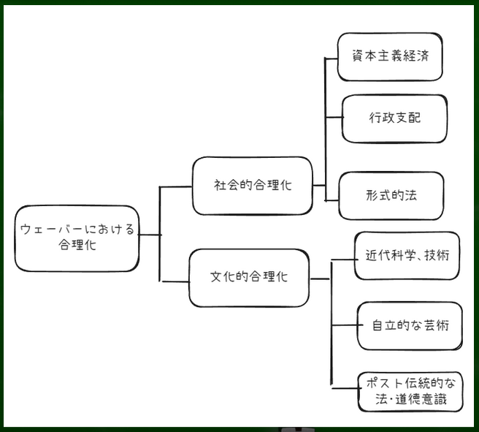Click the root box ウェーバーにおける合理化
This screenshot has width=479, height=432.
tap(77, 238)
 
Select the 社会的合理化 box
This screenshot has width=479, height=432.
tap(252, 186)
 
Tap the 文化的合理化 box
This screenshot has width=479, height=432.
tap(249, 278)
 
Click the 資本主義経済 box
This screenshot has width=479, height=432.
tap(390, 56)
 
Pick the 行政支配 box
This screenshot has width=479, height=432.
tap(394, 118)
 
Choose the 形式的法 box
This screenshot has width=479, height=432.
tap(391, 195)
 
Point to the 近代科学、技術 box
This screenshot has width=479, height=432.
tap(407, 256)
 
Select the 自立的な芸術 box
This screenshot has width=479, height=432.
tap(410, 326)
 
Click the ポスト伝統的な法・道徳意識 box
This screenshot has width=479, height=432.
tap(411, 391)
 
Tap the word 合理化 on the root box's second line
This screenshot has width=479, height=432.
tap(77, 246)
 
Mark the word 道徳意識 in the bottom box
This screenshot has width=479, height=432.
tap(430, 400)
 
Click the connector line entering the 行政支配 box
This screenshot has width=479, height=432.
tap(333, 118)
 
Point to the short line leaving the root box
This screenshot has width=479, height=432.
tap(149, 235)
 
